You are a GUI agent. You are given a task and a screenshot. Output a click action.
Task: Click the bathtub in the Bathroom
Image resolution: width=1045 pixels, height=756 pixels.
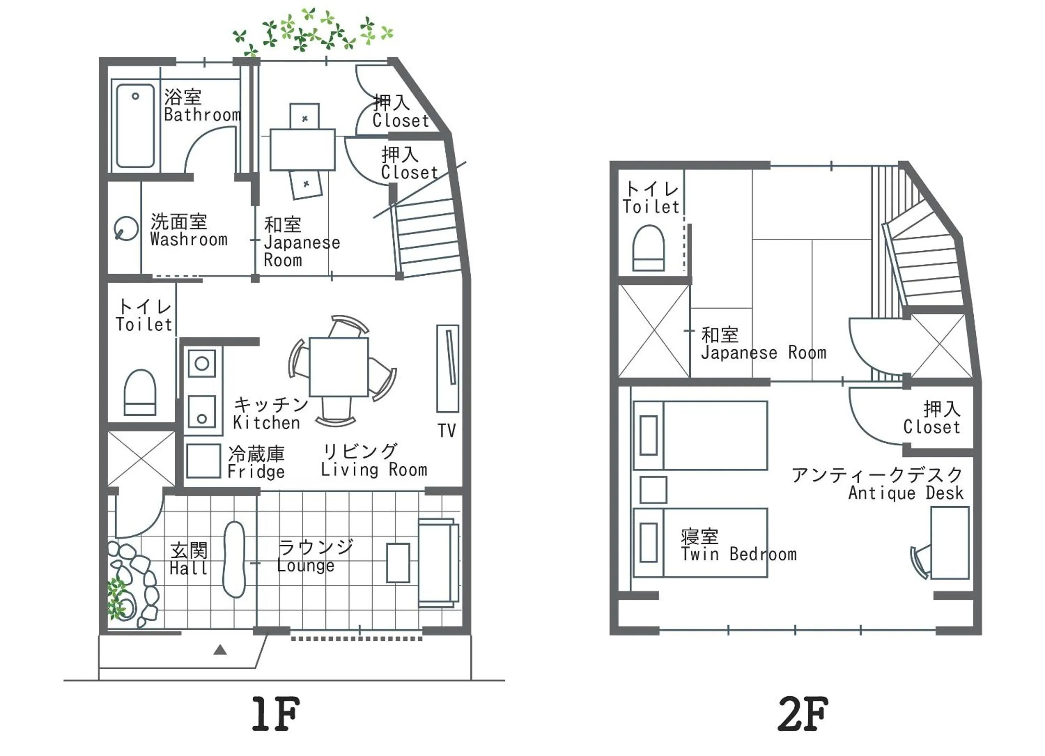[x=135, y=126]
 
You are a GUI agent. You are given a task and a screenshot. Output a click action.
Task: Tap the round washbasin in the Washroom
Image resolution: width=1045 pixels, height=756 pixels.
[x=125, y=229]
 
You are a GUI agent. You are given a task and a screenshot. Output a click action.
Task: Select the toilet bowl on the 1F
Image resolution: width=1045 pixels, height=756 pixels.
[x=140, y=393]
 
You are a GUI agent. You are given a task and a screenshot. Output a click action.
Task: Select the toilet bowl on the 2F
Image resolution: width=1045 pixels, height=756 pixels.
[x=648, y=248]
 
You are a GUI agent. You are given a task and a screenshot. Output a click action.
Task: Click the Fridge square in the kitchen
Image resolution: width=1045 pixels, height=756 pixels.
[x=203, y=461]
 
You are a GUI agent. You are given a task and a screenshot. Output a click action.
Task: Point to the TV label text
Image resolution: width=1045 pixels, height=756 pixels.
[x=447, y=431]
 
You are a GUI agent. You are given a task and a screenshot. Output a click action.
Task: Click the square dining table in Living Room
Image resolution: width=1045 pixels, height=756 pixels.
[x=339, y=367]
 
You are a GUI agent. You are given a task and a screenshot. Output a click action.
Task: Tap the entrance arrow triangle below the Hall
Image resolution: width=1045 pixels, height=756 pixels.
[x=220, y=650]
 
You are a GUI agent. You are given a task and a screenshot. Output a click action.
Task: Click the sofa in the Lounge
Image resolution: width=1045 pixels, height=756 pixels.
[x=438, y=563]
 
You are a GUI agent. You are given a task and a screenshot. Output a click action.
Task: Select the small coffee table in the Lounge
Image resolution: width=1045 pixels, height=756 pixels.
[x=398, y=563]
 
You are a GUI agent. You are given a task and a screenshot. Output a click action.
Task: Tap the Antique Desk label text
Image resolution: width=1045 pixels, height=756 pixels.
[x=905, y=493]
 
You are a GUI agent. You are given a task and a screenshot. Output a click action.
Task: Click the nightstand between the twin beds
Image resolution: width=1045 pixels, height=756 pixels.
[x=653, y=490]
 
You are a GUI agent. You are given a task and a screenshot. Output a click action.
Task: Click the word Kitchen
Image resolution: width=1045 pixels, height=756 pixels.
[x=266, y=423]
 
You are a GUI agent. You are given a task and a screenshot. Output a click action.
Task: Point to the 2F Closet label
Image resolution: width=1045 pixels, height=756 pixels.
[x=931, y=427]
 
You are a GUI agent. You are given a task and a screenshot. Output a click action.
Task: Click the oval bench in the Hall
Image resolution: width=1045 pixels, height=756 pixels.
[x=234, y=560]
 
